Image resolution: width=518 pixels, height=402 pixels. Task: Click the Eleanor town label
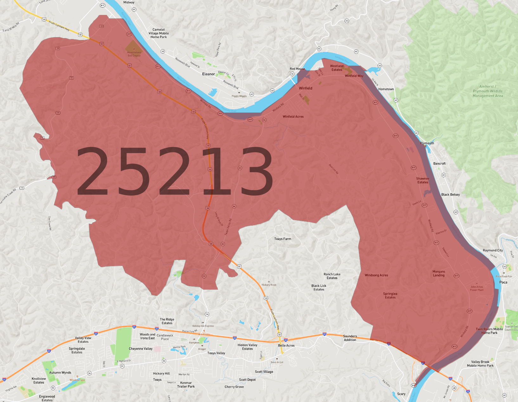point(208,74)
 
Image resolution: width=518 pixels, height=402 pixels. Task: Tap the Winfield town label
point(305,88)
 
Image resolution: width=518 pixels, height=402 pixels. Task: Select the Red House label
point(297,69)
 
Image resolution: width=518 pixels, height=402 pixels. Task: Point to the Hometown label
point(386,89)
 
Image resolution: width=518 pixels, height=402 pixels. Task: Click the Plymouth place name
point(427,143)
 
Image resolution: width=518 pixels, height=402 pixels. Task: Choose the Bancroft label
point(439,164)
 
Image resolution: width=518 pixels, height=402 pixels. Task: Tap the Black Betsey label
point(450,195)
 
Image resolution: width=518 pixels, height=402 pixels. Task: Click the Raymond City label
point(493,250)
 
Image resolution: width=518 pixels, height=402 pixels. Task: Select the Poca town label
point(503,282)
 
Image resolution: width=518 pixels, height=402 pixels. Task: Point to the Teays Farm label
point(282,239)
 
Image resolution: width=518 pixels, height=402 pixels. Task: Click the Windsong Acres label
point(376,275)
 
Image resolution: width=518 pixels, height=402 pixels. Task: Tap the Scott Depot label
point(247,379)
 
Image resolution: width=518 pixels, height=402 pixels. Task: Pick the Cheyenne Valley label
point(140,349)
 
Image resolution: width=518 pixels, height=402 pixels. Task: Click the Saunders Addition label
point(350,338)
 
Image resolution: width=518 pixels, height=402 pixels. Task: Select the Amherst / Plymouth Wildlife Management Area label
point(488,91)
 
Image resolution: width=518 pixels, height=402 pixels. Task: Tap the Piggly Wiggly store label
point(239,96)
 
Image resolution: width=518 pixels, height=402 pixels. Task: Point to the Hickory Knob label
point(269,285)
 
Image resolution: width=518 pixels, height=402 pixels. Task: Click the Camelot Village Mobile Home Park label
point(159,33)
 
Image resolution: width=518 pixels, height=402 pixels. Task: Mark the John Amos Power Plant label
point(476,288)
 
